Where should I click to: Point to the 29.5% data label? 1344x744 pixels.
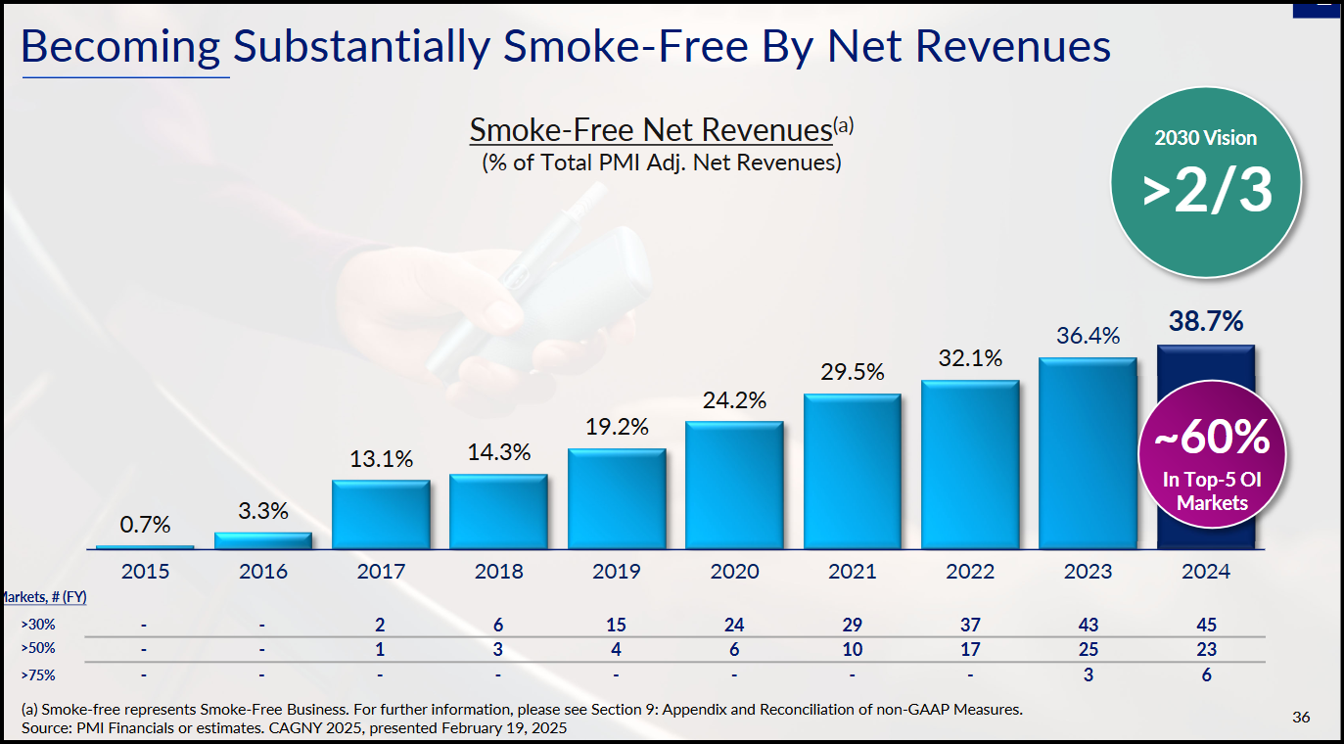pyautogui.click(x=852, y=372)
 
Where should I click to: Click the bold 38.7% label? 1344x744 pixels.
pyautogui.click(x=1205, y=321)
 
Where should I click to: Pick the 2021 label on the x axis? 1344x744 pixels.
pyautogui.click(x=852, y=572)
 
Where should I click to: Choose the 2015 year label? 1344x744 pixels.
pyautogui.click(x=145, y=572)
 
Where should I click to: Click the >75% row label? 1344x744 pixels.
pyautogui.click(x=37, y=674)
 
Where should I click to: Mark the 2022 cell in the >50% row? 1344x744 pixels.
pyautogui.click(x=970, y=649)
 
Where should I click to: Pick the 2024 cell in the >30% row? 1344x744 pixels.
pyautogui.click(x=1205, y=625)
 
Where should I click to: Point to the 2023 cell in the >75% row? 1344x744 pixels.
pyautogui.click(x=1088, y=674)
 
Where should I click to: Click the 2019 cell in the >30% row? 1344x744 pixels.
pyautogui.click(x=617, y=625)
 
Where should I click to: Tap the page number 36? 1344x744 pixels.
pyautogui.click(x=1301, y=718)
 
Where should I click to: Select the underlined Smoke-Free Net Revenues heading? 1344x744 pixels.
pyautogui.click(x=651, y=130)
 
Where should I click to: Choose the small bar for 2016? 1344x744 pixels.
pyautogui.click(x=262, y=540)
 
